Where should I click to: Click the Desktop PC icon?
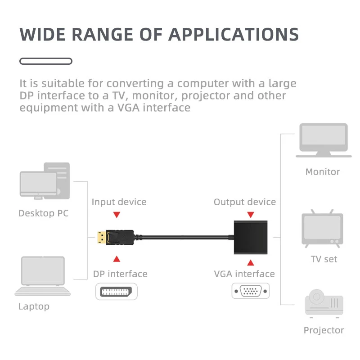[x=45, y=181]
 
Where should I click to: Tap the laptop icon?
[x=43, y=276]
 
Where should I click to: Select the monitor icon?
[x=324, y=140]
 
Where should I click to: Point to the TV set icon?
[x=322, y=229]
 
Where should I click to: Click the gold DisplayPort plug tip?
[x=102, y=238]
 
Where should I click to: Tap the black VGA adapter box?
[x=251, y=238]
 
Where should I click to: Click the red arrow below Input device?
[x=117, y=215]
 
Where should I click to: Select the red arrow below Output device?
[x=251, y=215]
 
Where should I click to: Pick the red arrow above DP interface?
[x=117, y=259]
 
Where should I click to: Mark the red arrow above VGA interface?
[x=251, y=262]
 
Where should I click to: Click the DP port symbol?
[x=116, y=292]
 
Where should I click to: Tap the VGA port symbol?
[x=251, y=291]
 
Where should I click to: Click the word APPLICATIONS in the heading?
[x=234, y=35]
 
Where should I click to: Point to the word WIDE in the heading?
[x=42, y=35]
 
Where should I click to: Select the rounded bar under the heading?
[x=46, y=61]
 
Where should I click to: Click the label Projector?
[x=324, y=330]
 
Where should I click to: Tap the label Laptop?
[x=34, y=307]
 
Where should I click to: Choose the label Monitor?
[x=323, y=172]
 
